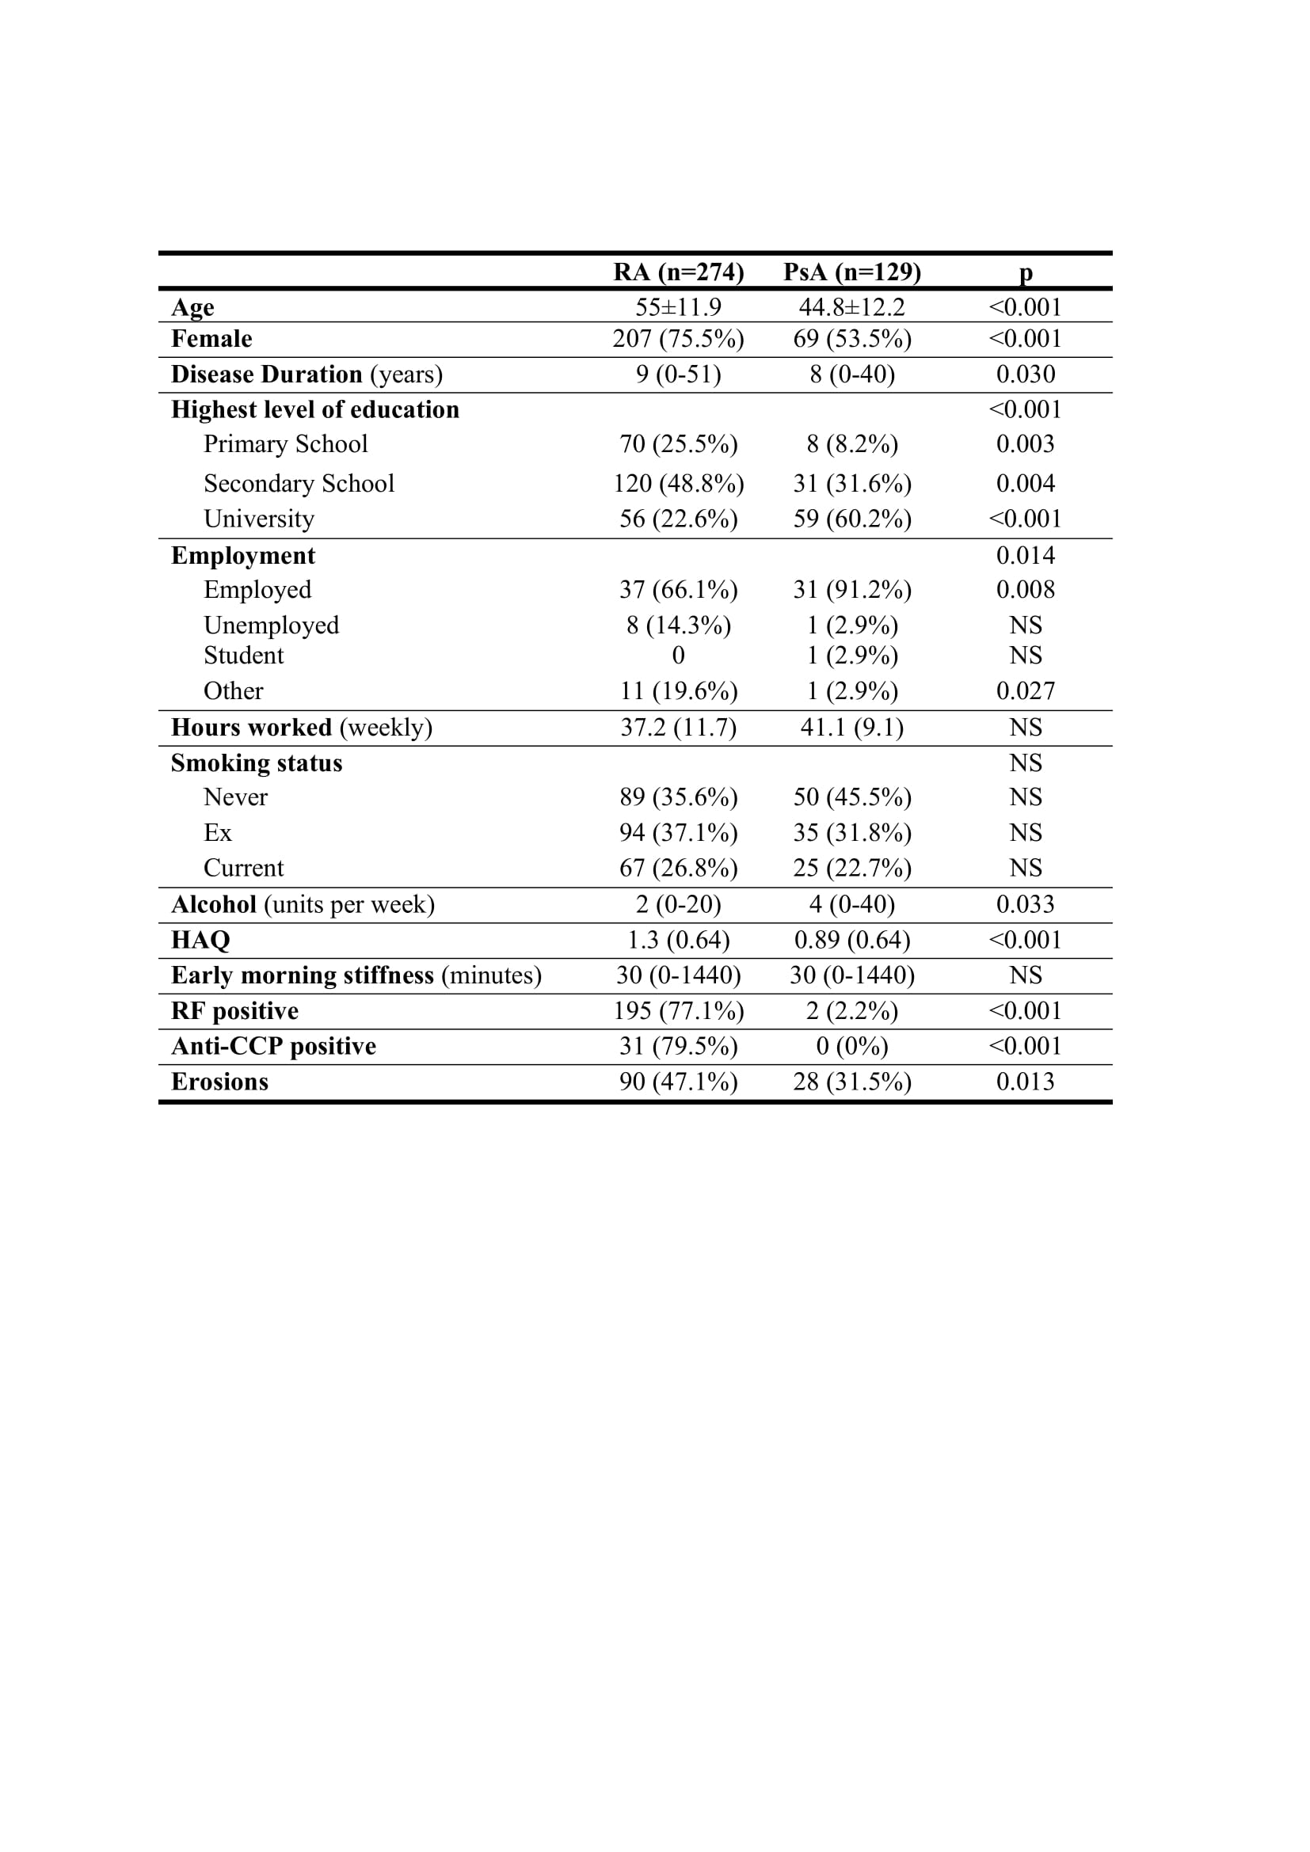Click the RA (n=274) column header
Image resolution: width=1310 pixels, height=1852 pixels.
pyautogui.click(x=679, y=272)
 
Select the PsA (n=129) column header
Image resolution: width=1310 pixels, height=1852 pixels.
pyautogui.click(x=852, y=272)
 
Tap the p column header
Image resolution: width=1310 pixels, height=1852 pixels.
pyautogui.click(x=1025, y=273)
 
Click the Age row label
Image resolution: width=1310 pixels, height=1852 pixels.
pyautogui.click(x=192, y=307)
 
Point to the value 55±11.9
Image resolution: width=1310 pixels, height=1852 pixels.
pyautogui.click(x=679, y=307)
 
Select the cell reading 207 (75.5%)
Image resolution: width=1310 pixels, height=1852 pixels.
pyautogui.click(x=679, y=339)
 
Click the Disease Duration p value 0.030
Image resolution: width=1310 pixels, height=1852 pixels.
pyautogui.click(x=1025, y=375)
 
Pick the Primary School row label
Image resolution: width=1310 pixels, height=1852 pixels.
pyautogui.click(x=286, y=443)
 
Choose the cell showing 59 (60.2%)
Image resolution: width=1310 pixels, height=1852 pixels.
pyautogui.click(x=852, y=519)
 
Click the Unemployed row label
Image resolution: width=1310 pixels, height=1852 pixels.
pyautogui.click(x=271, y=626)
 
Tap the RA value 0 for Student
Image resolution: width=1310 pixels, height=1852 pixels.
pyautogui.click(x=679, y=656)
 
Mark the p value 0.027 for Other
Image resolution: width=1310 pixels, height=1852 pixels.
pyautogui.click(x=1025, y=691)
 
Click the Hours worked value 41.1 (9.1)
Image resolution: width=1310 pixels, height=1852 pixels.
pyautogui.click(x=852, y=728)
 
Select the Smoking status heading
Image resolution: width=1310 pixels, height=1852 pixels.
pyautogui.click(x=257, y=763)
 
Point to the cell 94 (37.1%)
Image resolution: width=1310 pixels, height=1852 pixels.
pyautogui.click(x=679, y=832)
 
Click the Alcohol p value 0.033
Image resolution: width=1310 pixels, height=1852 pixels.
pyautogui.click(x=1025, y=904)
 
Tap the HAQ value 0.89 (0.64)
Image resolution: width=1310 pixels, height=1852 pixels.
pyautogui.click(x=852, y=940)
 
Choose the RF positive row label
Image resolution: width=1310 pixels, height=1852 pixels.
pyautogui.click(x=234, y=1010)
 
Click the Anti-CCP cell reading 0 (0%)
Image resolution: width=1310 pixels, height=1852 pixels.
pyautogui.click(x=852, y=1046)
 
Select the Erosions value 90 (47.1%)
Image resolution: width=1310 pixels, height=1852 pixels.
pyautogui.click(x=679, y=1082)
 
